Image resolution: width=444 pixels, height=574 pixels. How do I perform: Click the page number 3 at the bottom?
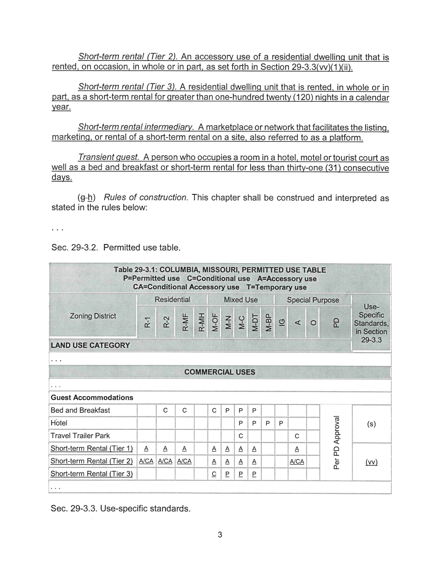(220, 534)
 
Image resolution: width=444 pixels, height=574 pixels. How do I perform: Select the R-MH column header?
(201, 322)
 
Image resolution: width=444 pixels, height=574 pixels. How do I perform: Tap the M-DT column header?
(254, 322)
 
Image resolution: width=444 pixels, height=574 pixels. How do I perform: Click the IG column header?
(281, 322)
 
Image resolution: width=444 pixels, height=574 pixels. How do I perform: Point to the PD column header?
(336, 322)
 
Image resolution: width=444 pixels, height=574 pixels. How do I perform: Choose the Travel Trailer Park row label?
(80, 436)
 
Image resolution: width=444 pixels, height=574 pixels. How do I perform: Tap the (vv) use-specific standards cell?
(371, 462)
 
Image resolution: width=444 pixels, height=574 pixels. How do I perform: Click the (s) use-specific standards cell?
(371, 424)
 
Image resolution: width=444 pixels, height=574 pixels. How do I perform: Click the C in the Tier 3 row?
(214, 474)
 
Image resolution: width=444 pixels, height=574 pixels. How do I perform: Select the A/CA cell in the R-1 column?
(146, 462)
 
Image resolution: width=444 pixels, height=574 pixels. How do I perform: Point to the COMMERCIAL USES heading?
(220, 372)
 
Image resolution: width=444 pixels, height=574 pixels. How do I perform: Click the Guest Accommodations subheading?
(92, 397)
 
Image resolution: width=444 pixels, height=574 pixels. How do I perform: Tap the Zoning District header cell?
(93, 316)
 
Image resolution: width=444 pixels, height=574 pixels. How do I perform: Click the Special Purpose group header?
(313, 300)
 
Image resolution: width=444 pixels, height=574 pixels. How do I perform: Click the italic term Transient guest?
(108, 157)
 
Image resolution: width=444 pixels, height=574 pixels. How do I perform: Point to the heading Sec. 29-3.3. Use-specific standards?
(121, 509)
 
